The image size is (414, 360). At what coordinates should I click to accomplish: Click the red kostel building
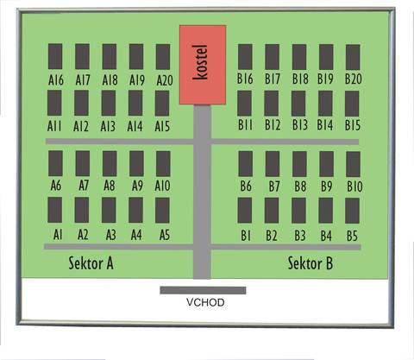203,65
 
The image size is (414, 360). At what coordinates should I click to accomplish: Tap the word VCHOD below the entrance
205,302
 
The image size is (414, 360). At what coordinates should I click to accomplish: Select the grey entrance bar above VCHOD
203,290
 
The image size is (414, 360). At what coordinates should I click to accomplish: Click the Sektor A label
91,263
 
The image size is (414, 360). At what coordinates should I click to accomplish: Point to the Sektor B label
310,263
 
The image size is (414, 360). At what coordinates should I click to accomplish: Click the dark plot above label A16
55,56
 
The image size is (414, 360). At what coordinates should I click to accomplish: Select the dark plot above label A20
163,57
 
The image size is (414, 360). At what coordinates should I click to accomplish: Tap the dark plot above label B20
353,57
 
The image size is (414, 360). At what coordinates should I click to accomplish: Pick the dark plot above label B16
245,57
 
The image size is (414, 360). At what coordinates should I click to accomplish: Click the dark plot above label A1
54,210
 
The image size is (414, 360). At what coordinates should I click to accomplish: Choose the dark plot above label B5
352,211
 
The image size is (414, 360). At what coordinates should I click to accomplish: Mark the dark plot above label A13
109,103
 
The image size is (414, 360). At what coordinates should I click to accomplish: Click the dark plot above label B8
299,164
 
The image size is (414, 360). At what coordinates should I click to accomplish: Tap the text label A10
162,186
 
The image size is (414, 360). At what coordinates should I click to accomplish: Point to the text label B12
273,125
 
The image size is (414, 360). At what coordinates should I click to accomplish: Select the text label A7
84,186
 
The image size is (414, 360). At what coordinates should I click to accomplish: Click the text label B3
300,236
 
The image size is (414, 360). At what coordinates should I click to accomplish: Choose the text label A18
110,79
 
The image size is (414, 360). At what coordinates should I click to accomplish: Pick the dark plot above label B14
325,104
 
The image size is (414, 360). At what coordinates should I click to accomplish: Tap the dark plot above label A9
136,163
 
